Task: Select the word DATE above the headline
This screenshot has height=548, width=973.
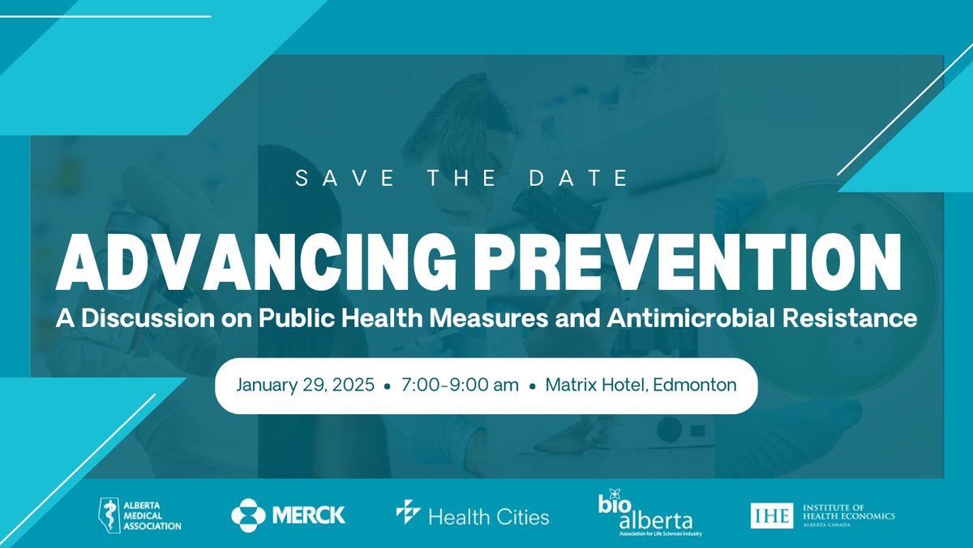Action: tap(588, 179)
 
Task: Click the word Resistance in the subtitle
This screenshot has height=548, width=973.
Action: tap(856, 317)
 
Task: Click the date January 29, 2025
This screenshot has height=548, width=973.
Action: tap(306, 385)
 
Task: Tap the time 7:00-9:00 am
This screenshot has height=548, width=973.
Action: tap(460, 385)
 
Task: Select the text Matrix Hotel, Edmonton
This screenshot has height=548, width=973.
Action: tap(641, 385)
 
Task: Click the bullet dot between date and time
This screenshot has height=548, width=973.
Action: tap(388, 386)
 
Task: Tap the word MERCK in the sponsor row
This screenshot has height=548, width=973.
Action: tap(309, 514)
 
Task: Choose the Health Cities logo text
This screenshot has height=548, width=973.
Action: tap(488, 516)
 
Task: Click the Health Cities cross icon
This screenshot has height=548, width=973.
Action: tap(407, 512)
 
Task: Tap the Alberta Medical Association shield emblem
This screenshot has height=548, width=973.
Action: tap(105, 514)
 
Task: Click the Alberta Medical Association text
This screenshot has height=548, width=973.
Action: tap(149, 515)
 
